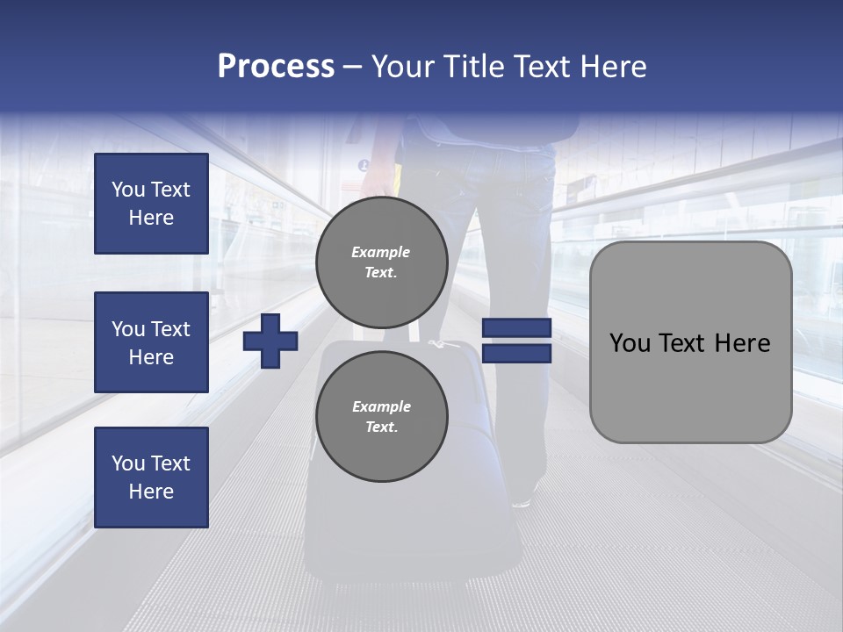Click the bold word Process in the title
pos(276,67)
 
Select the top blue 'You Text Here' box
pos(151,204)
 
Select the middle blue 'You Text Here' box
pos(151,342)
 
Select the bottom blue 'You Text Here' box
pos(151,478)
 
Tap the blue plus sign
pos(270,340)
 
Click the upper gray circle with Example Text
pos(381,262)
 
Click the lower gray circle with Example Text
pos(381,416)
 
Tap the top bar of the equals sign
pos(516,328)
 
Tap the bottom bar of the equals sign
pos(516,353)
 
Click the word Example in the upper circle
pos(381,252)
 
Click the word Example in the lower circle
pos(381,406)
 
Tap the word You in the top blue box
pos(127,190)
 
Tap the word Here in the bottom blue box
pos(151,492)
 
